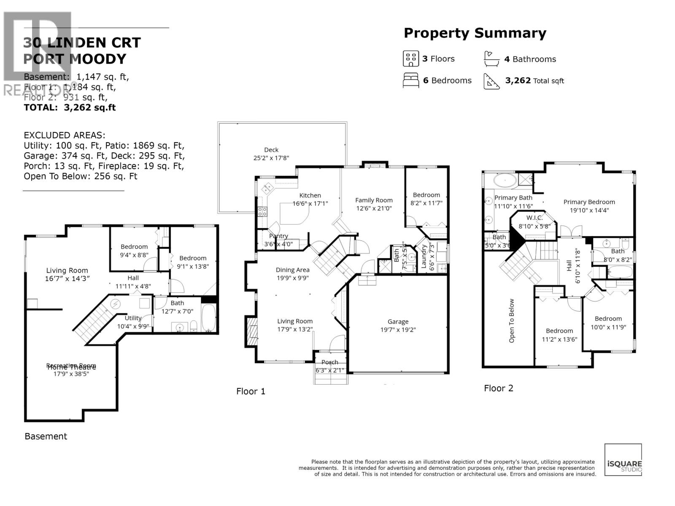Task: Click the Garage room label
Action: point(398,321)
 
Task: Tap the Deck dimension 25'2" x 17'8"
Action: point(270,158)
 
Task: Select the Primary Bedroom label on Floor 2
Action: point(589,202)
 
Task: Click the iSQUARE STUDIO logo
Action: point(623,460)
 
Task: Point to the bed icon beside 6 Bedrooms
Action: point(410,80)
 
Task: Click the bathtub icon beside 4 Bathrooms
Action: point(491,59)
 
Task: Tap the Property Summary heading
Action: point(475,33)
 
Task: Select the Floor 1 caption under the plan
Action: point(251,391)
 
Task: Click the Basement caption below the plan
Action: point(46,436)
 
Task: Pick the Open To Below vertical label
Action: point(512,320)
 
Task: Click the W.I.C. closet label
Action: point(534,218)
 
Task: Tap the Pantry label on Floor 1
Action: point(278,236)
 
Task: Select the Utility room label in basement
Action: point(133,318)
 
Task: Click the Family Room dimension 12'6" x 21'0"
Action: point(373,208)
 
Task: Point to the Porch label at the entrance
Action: point(329,362)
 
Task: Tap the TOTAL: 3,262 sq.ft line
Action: point(70,108)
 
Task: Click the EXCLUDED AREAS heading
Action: point(65,135)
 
